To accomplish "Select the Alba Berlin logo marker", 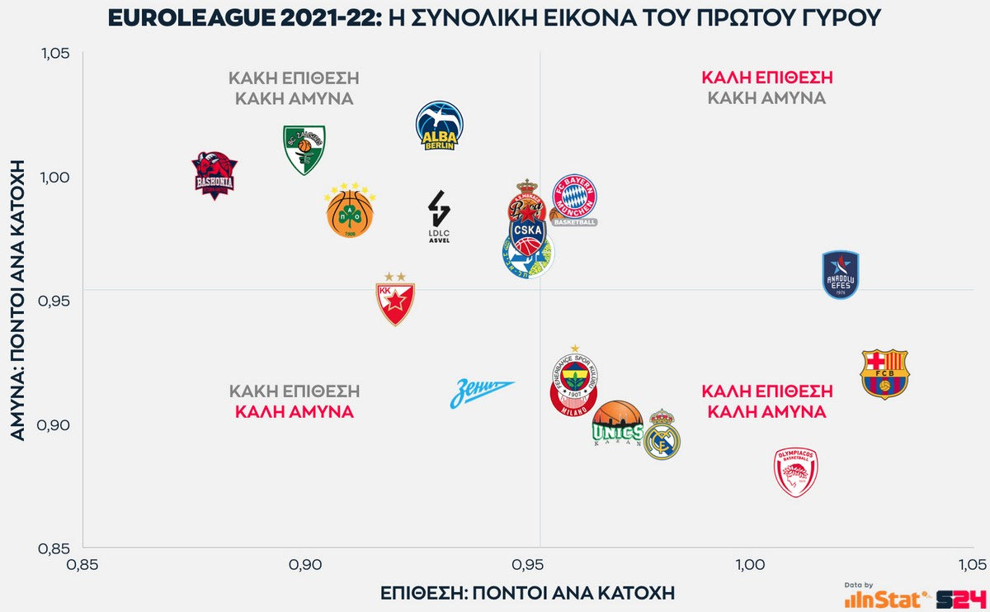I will [x=440, y=126].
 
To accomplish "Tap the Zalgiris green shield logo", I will [x=304, y=149].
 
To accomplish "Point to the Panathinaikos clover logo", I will [x=350, y=211].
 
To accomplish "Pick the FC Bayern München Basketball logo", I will [x=574, y=200].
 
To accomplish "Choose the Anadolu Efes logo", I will [x=841, y=275].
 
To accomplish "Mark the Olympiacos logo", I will [x=796, y=472].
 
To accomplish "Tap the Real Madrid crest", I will [x=662, y=436].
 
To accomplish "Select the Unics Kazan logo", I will [x=617, y=424].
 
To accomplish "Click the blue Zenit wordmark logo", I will [x=482, y=393].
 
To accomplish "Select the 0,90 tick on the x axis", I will [x=305, y=565].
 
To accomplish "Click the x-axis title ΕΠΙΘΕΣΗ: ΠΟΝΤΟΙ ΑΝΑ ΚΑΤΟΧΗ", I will [x=527, y=593].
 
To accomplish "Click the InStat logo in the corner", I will [x=888, y=597].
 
